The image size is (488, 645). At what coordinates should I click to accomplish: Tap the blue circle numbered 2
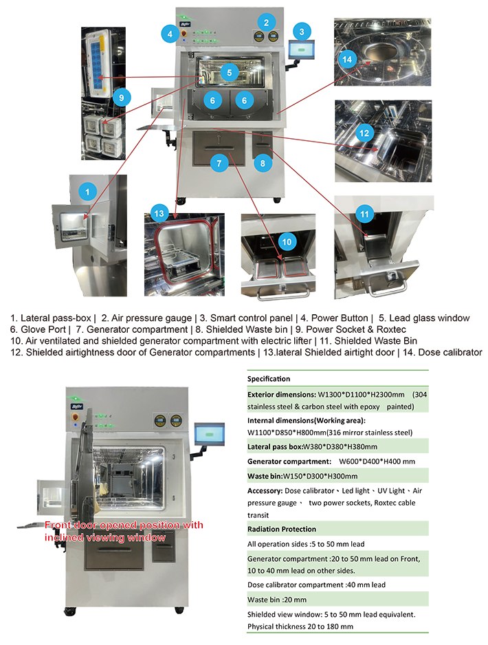(x=264, y=21)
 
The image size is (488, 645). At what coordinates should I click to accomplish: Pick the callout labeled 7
(x=219, y=163)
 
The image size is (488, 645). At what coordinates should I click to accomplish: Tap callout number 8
(x=262, y=163)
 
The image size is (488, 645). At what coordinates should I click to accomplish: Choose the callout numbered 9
(x=121, y=98)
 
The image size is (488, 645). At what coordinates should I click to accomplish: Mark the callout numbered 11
(x=365, y=215)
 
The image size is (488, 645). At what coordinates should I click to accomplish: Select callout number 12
(x=365, y=131)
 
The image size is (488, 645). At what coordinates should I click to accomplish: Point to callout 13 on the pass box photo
(x=159, y=213)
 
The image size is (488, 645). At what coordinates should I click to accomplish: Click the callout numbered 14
(x=347, y=60)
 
